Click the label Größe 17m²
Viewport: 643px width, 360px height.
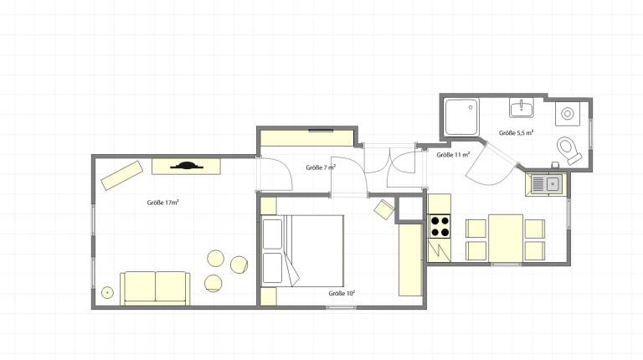(162, 202)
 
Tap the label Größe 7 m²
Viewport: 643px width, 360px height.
(321, 167)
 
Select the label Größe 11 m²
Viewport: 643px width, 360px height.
(453, 155)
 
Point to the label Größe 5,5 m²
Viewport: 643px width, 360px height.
(517, 132)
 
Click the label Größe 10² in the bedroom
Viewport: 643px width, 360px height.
(342, 293)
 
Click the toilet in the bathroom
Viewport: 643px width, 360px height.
(568, 150)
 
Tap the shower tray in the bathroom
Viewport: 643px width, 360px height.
(462, 116)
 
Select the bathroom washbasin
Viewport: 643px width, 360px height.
(522, 107)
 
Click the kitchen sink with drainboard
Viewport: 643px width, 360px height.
(546, 184)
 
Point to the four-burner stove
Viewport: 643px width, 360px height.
(440, 226)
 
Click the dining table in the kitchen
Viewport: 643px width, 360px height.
(506, 238)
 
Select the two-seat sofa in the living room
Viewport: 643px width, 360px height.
(155, 288)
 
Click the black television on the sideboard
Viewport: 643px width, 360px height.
(187, 166)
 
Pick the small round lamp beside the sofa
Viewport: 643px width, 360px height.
(107, 293)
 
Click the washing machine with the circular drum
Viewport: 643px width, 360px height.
(568, 114)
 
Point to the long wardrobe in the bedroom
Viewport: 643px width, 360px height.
(410, 260)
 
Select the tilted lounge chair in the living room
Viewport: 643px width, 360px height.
(122, 176)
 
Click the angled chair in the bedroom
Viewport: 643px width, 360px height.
(384, 209)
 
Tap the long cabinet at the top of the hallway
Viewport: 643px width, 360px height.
(307, 138)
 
